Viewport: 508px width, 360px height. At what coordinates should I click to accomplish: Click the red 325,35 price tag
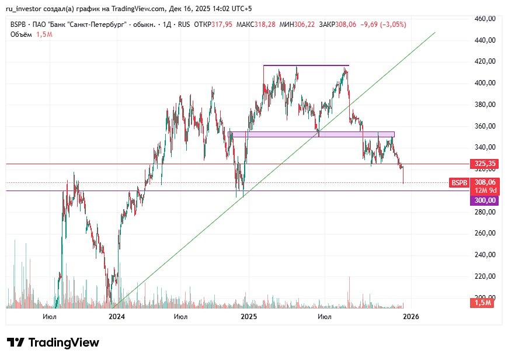click(x=485, y=164)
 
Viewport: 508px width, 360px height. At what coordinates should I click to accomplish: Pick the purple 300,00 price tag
click(x=484, y=200)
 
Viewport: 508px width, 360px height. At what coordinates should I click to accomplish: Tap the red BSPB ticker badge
click(x=458, y=183)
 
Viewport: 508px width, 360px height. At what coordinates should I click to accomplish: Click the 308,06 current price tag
click(x=485, y=182)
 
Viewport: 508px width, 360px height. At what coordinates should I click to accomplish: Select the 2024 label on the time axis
click(x=117, y=317)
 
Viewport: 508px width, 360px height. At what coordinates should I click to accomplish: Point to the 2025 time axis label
click(x=249, y=317)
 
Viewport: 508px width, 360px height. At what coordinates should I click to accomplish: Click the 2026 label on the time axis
click(x=411, y=317)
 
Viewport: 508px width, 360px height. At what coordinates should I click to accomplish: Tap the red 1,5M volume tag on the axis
click(x=483, y=303)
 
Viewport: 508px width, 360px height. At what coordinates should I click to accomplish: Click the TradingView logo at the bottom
click(x=53, y=342)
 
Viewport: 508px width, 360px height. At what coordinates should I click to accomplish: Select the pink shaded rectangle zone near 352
click(x=312, y=134)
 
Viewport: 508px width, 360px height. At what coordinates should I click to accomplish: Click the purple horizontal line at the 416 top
click(x=306, y=65)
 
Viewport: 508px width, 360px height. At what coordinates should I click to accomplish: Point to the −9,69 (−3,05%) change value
click(x=384, y=25)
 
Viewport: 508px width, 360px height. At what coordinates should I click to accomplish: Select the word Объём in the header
click(x=20, y=34)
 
